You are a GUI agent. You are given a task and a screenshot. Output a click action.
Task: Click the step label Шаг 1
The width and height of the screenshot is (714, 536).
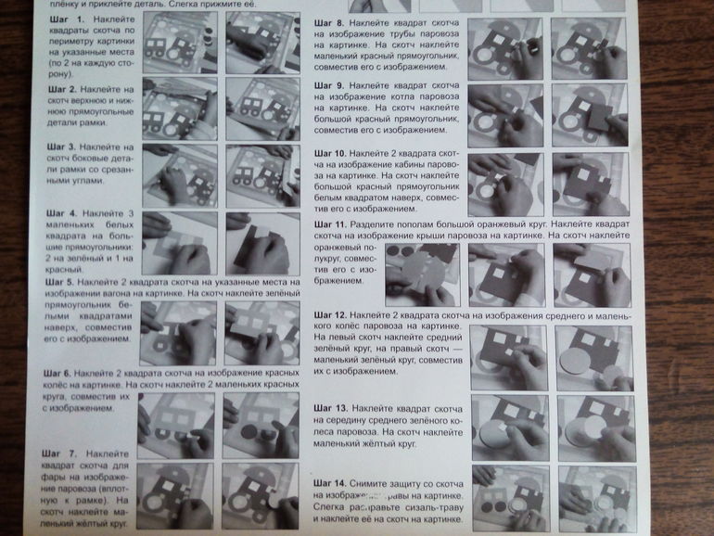pos(63,19)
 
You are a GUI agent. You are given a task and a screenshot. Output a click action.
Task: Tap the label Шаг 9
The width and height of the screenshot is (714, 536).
pos(330,85)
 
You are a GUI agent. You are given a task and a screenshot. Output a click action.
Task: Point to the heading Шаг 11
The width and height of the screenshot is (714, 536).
pos(330,224)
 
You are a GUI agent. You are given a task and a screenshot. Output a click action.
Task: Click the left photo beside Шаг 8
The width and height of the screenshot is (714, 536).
pos(504,47)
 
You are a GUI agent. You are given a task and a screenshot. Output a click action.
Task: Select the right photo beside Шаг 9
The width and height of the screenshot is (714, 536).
pos(587,115)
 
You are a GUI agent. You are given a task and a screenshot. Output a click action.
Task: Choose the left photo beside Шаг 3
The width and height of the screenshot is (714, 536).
pos(180,174)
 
